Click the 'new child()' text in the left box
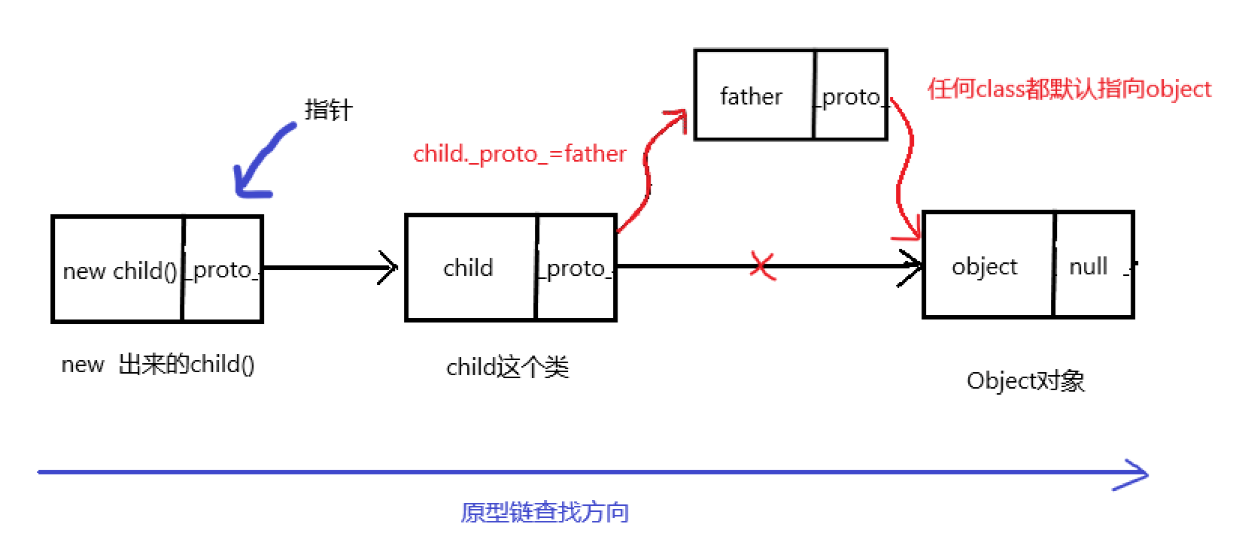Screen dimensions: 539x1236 pos(120,271)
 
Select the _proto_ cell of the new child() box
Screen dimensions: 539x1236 pos(223,270)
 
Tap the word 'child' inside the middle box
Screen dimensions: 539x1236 pos(468,268)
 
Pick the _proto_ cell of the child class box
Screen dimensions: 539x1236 pos(576,268)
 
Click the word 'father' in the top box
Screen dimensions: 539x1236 pos(751,96)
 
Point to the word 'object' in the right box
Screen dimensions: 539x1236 pos(984,267)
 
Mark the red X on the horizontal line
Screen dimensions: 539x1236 pos(762,265)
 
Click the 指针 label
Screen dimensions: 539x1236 pos(328,110)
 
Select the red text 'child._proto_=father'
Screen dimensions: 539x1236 pos(519,154)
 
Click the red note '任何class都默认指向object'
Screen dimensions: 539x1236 pos(1069,89)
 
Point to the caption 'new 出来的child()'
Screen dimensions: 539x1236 pos(158,365)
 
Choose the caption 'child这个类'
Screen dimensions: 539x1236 pos(508,368)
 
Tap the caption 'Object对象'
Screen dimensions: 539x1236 pos(1025,381)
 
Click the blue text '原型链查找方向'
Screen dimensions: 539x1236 pos(545,513)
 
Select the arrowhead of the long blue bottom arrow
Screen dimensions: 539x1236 pos(1134,474)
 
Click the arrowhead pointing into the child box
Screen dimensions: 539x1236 pos(388,268)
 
